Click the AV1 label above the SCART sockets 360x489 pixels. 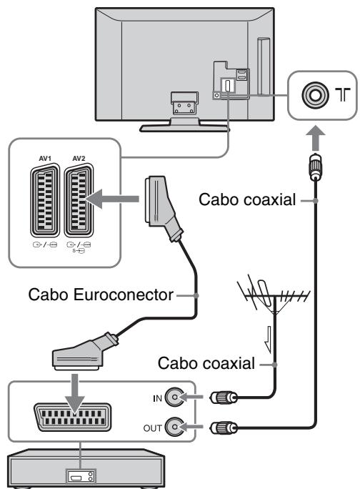(x=45, y=159)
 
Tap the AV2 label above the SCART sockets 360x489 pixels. (x=79, y=159)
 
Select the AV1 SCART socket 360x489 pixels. (x=45, y=200)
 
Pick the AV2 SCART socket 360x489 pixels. (x=79, y=200)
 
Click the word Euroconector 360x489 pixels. (x=123, y=295)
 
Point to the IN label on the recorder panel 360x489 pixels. (x=157, y=398)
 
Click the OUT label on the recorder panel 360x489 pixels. (x=152, y=428)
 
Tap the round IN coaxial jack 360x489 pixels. (x=174, y=397)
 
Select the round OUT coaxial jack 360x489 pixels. (x=174, y=427)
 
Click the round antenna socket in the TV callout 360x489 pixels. (x=315, y=94)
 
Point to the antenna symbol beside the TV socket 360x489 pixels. (x=343, y=94)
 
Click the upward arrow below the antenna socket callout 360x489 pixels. (x=316, y=138)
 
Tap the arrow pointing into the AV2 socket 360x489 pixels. (x=112, y=199)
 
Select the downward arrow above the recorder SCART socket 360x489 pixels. (x=75, y=394)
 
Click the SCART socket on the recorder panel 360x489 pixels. (x=73, y=418)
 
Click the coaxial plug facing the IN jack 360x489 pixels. (x=224, y=397)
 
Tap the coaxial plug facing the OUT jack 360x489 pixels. (x=224, y=428)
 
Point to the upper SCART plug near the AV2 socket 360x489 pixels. (x=162, y=207)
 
